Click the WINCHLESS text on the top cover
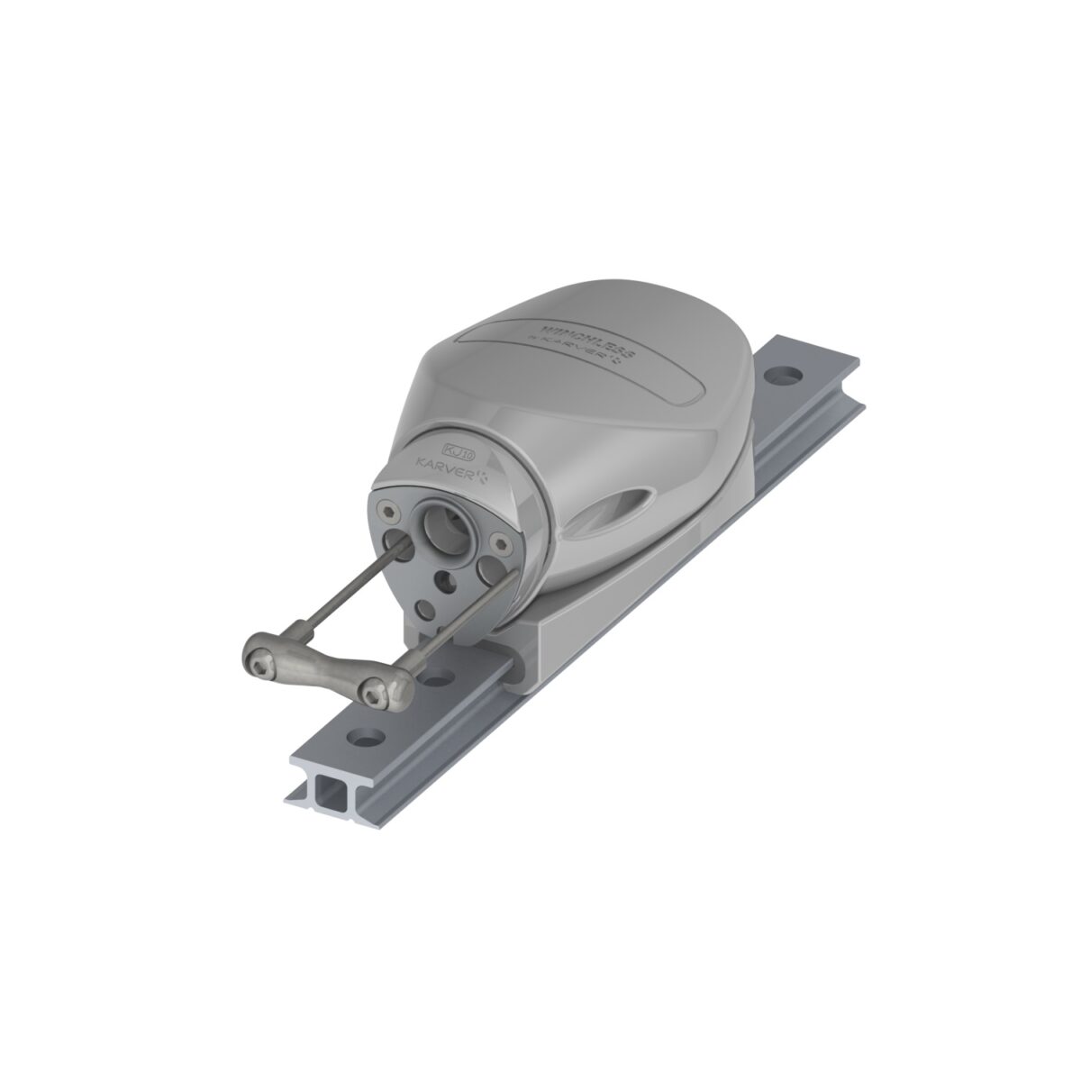pyautogui.click(x=576, y=332)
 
